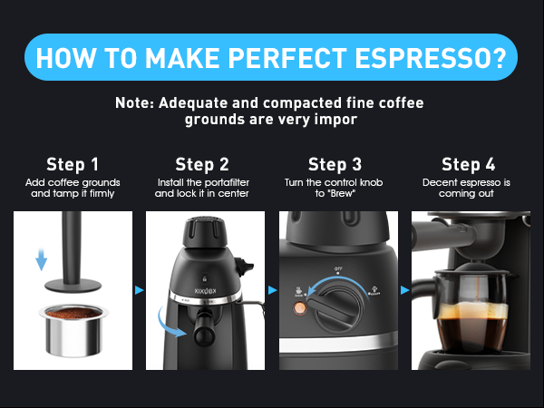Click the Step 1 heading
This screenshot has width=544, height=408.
point(72,164)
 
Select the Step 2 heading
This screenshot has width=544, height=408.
point(202,164)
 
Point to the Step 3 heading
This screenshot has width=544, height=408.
point(335,164)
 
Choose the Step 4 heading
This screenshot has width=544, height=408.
point(468,164)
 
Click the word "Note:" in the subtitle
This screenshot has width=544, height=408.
point(135,102)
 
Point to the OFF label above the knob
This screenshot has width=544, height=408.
point(336,269)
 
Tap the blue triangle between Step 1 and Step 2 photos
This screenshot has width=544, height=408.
point(139,290)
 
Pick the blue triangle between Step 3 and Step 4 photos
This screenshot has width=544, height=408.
point(405,290)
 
